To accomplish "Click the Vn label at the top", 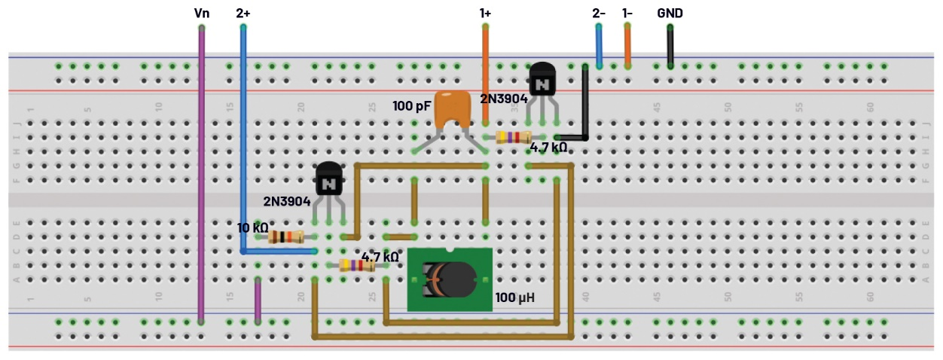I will pos(202,13).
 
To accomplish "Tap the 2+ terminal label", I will pos(243,13).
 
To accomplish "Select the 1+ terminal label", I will pos(486,13).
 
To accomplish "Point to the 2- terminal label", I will pos(599,13).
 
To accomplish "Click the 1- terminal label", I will pos(627,13).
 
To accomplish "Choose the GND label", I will pos(670,13).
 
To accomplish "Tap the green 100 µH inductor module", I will pos(450,279).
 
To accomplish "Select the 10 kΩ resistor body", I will pos(285,237).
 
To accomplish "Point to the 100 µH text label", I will pos(515,298).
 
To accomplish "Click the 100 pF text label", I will pos(411,105).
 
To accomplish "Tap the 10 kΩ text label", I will pos(252,227).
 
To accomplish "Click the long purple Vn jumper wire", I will pos(201,173).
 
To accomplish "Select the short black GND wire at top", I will pos(670,47).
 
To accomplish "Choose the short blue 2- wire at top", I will pos(599,47).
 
